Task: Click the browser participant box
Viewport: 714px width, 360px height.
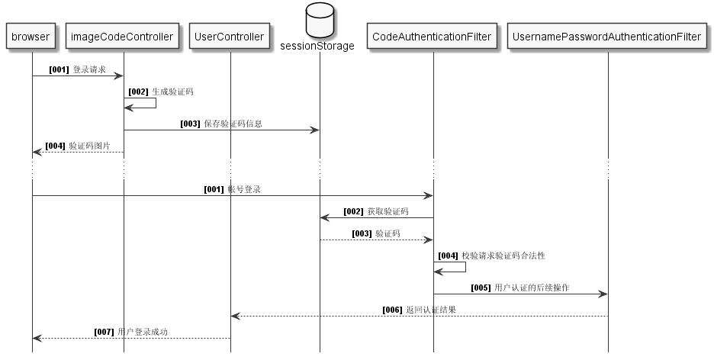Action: click(x=31, y=37)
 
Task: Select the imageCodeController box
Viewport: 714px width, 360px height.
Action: click(x=123, y=37)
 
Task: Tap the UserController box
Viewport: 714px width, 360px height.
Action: click(x=230, y=37)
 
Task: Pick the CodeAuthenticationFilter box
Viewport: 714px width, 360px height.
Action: click(x=433, y=37)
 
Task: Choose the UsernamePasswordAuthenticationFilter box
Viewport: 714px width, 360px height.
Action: click(x=607, y=37)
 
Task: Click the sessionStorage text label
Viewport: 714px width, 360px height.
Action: click(x=319, y=46)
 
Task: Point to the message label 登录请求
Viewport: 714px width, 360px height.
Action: click(x=89, y=69)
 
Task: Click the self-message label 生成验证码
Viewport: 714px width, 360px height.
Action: click(x=172, y=92)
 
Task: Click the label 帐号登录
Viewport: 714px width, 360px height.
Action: click(x=244, y=189)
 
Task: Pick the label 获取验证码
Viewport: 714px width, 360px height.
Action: click(x=388, y=211)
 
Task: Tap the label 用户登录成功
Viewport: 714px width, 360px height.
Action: click(x=143, y=332)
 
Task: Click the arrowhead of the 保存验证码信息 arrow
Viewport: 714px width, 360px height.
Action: click(x=314, y=130)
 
